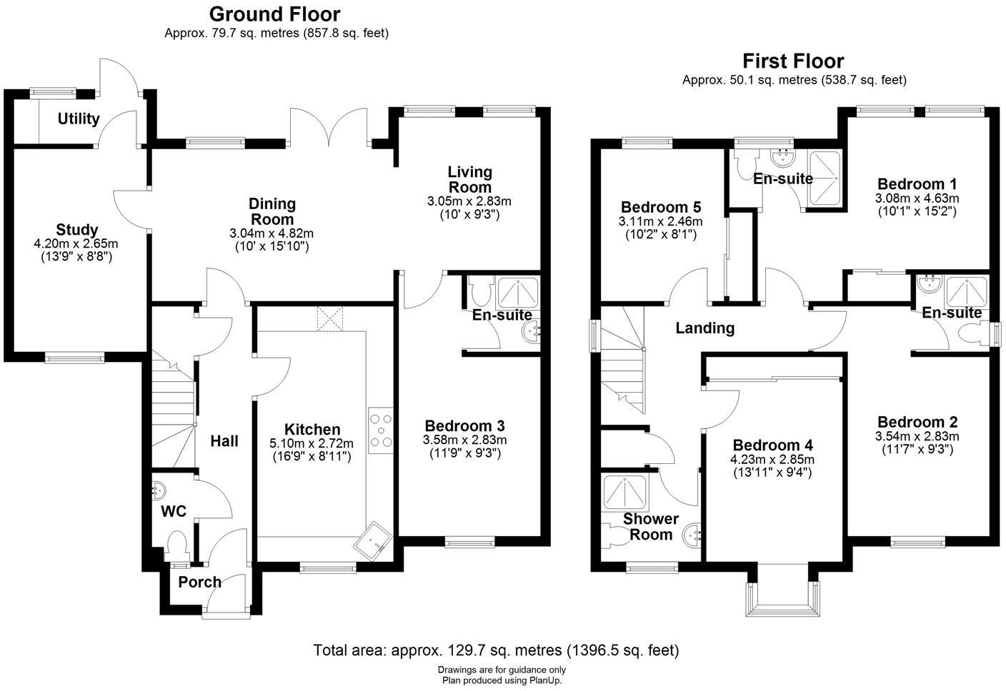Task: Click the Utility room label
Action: tap(79, 119)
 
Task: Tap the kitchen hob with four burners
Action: tap(380, 430)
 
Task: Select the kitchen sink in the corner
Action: tap(373, 540)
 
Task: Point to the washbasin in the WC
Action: tap(158, 490)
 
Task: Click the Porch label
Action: tap(200, 582)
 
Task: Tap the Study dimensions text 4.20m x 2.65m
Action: tap(76, 243)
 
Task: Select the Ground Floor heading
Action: tap(275, 14)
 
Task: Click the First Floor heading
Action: tap(793, 61)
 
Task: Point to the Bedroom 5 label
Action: tap(661, 207)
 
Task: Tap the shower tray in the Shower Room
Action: tap(624, 493)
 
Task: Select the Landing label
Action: tap(705, 328)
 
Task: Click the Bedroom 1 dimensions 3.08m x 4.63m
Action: tap(917, 198)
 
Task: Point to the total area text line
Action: tap(496, 650)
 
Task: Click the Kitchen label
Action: tap(312, 430)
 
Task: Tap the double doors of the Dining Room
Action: tap(329, 127)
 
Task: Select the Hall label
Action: tap(224, 441)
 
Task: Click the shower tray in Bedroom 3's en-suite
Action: tap(518, 293)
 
